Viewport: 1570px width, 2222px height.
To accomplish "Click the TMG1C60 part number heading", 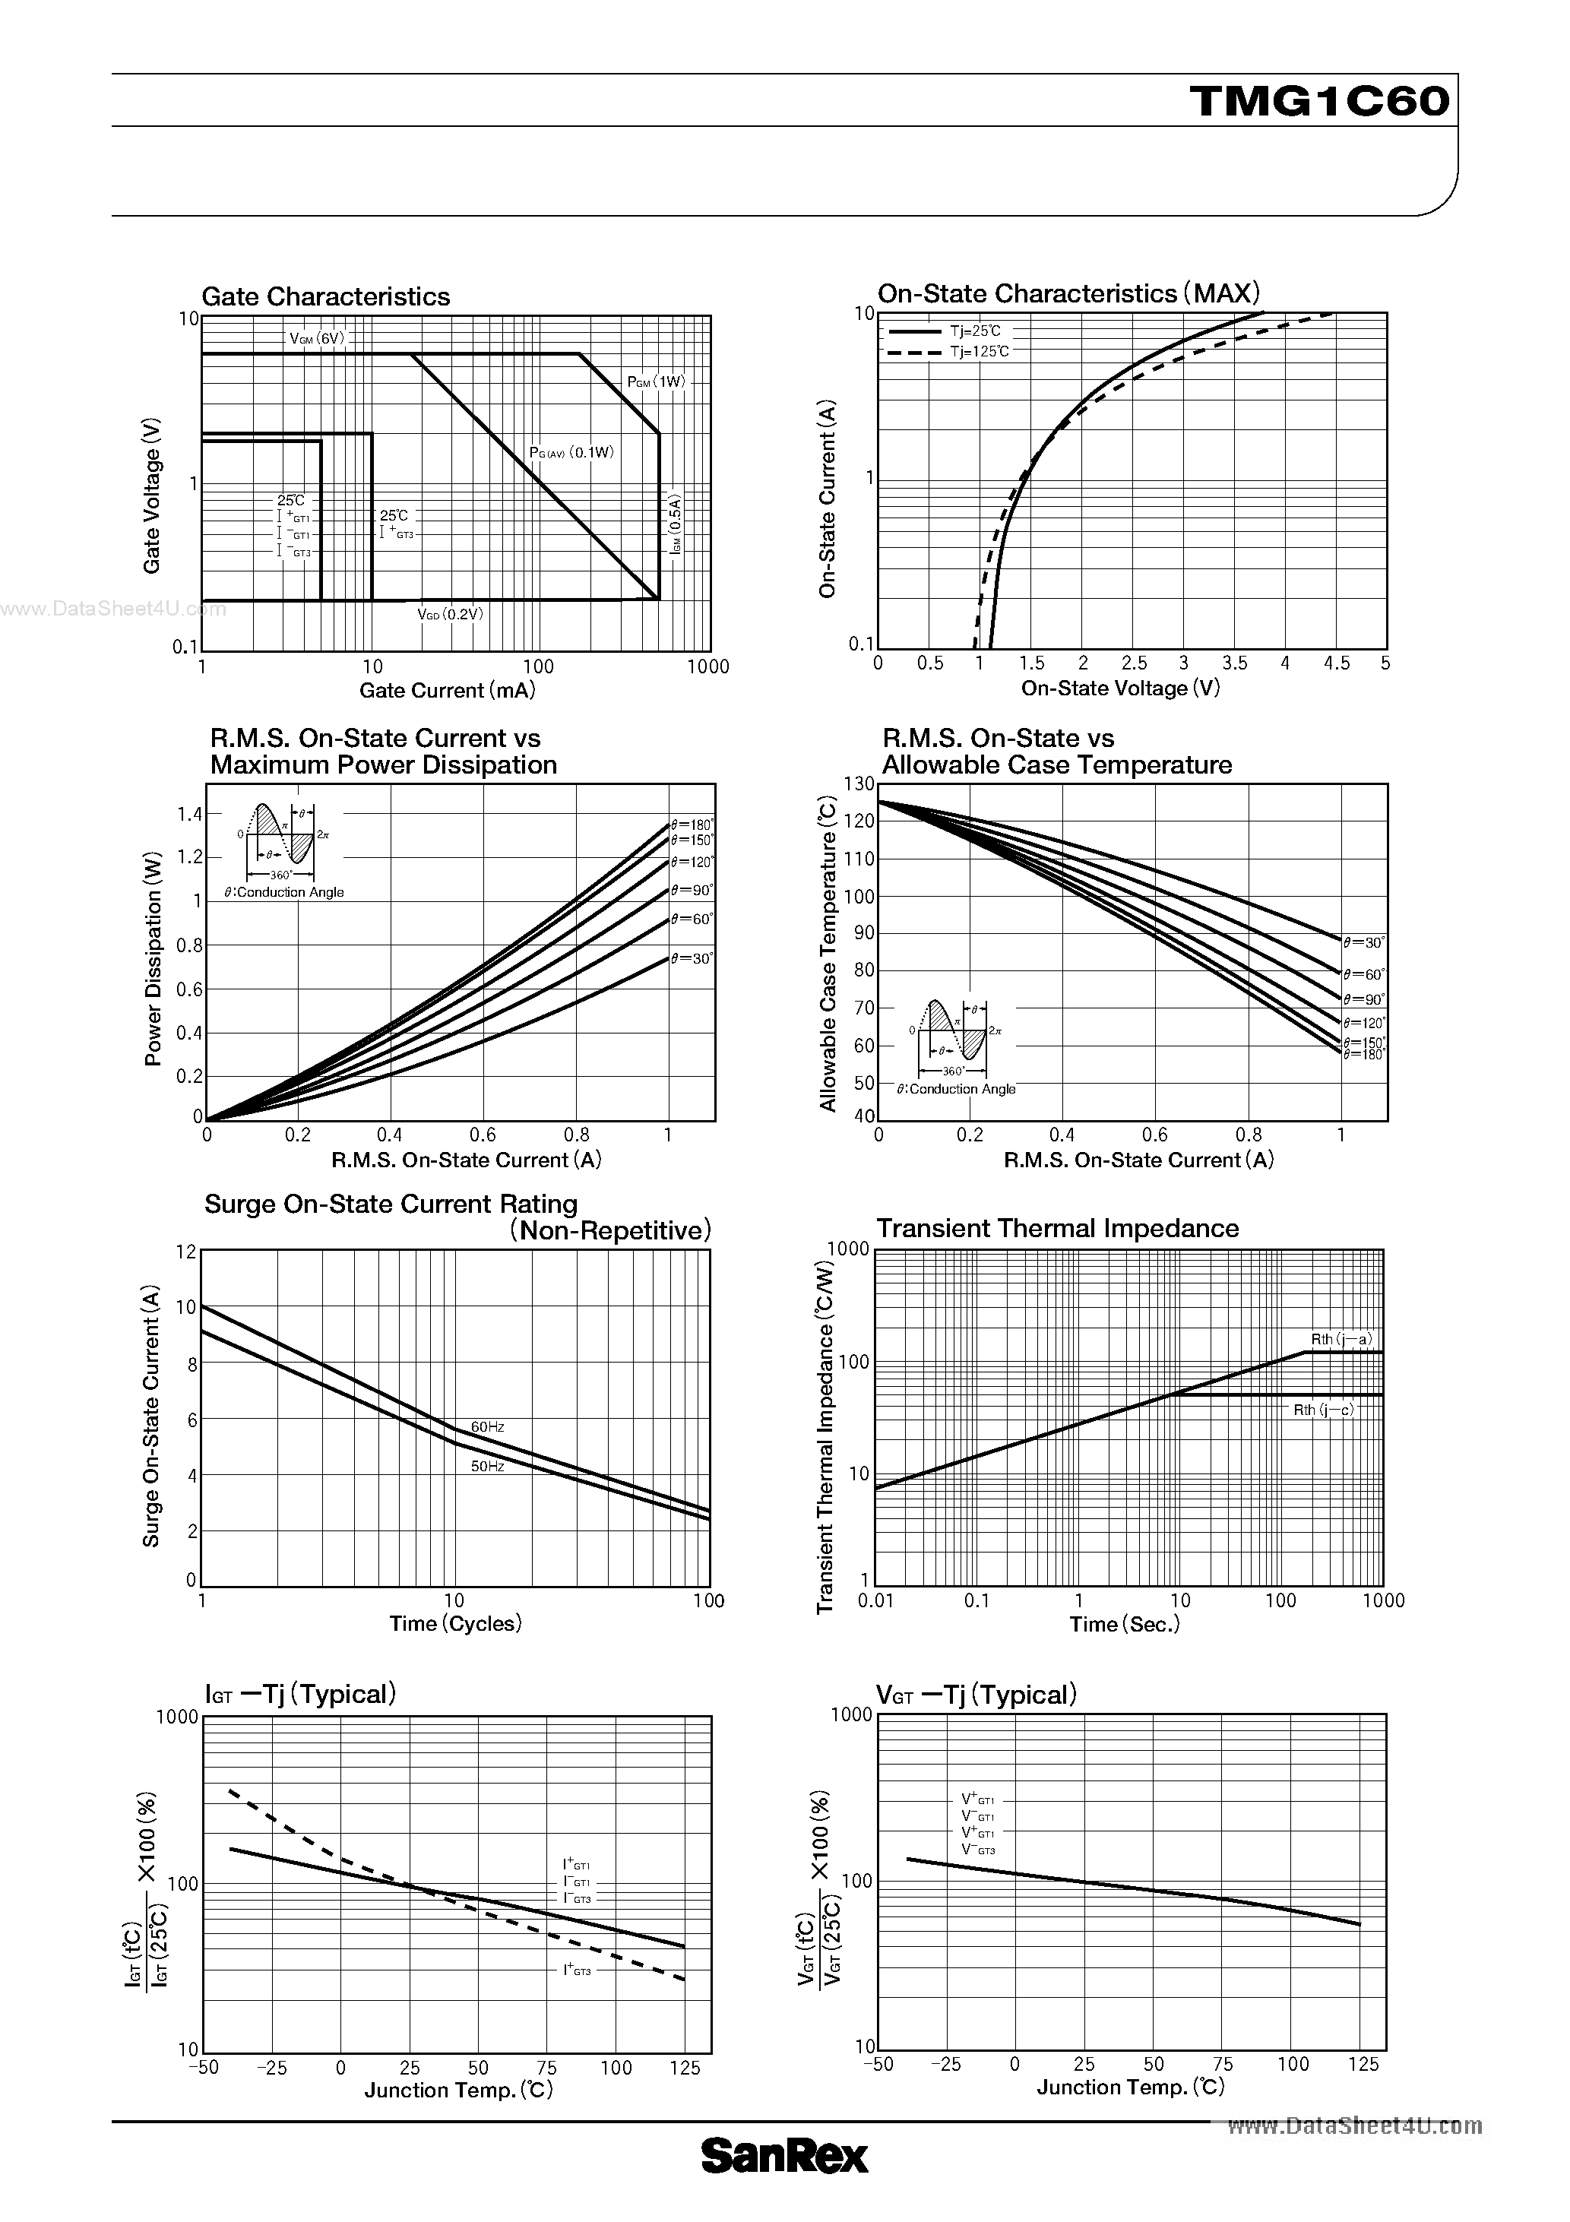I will pyautogui.click(x=1320, y=100).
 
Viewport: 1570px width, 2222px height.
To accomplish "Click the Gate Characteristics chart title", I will pyautogui.click(x=325, y=296).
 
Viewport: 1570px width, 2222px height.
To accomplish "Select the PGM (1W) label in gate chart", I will pyautogui.click(x=655, y=381).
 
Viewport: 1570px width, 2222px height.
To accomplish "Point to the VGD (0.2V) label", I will pyautogui.click(x=449, y=613).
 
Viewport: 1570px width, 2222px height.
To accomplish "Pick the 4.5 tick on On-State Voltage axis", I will pyautogui.click(x=1336, y=663).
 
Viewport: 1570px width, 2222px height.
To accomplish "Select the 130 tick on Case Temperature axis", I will pyautogui.click(x=859, y=784).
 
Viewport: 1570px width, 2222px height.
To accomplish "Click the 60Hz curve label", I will pyautogui.click(x=487, y=1426).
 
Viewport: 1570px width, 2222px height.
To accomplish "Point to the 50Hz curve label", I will pyautogui.click(x=487, y=1466).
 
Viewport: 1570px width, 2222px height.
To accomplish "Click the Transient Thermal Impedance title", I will pyautogui.click(x=1057, y=1228).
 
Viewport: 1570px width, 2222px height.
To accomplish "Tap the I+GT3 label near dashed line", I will pyautogui.click(x=577, y=1970).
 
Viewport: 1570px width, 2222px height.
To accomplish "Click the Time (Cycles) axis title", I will pyautogui.click(x=455, y=1623).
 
